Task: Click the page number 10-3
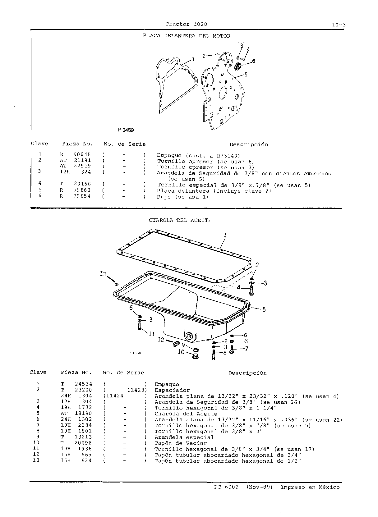click(x=339, y=25)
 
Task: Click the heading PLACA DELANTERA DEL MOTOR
click(x=187, y=36)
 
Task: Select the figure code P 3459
click(x=126, y=130)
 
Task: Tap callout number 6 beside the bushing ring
click(x=254, y=61)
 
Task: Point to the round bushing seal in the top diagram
click(x=238, y=66)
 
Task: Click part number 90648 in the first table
click(x=82, y=154)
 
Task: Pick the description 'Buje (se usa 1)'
click(x=183, y=197)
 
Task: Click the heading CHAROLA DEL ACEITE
click(x=180, y=220)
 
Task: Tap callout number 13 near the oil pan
click(x=103, y=274)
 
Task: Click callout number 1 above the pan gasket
click(x=225, y=235)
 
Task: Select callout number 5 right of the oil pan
click(x=264, y=309)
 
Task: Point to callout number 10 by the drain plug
click(x=181, y=352)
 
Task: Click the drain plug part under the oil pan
click(x=195, y=356)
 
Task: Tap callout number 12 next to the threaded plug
click(x=161, y=340)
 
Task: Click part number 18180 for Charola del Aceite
click(x=83, y=413)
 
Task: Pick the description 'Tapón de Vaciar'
click(x=181, y=443)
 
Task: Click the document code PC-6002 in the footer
click(x=226, y=487)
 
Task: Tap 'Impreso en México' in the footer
click(x=310, y=487)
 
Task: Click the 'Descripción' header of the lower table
click(x=247, y=373)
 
